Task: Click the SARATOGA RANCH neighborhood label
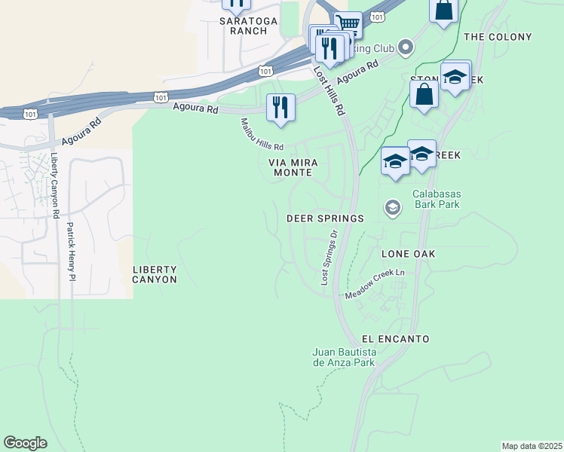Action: tap(243, 26)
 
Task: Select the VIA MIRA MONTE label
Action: tap(293, 167)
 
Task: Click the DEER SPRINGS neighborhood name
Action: tap(325, 218)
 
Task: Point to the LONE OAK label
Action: tap(408, 254)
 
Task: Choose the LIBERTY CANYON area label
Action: tap(155, 274)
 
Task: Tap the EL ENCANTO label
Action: tap(395, 339)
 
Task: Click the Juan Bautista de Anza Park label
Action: tap(343, 357)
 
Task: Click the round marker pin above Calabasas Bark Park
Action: tap(392, 206)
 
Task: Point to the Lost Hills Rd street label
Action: tap(329, 90)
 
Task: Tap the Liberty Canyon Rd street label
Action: tap(55, 185)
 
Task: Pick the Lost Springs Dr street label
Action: tap(330, 257)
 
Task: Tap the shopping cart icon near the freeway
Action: tap(348, 24)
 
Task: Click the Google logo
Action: tap(25, 443)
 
